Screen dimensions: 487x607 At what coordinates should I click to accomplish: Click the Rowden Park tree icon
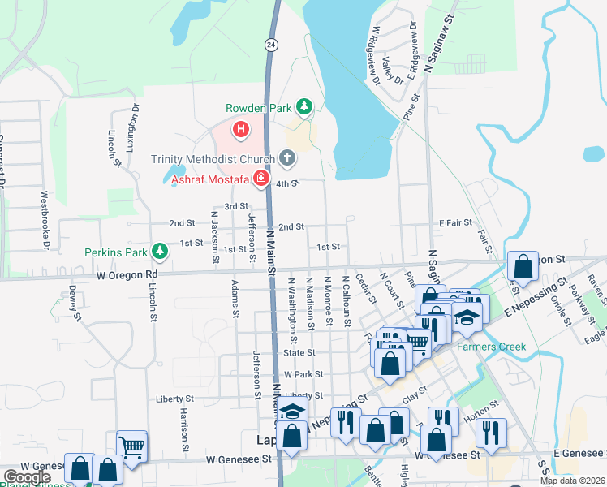point(303,106)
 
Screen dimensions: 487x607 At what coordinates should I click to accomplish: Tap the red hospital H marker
point(240,128)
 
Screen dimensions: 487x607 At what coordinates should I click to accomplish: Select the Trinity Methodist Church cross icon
point(286,157)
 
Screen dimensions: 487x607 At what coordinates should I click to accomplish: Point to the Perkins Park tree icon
point(161,252)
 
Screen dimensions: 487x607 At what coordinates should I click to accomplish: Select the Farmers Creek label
point(491,347)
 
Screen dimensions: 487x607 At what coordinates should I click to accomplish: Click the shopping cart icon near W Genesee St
point(131,445)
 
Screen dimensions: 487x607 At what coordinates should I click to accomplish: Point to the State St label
point(299,353)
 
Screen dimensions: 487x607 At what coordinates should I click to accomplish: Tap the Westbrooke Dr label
point(45,220)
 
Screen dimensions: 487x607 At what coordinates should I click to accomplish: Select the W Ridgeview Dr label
point(375,54)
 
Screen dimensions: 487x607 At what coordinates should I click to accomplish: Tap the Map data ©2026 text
point(571,481)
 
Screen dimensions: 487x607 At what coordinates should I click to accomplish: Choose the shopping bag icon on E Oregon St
point(523,265)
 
